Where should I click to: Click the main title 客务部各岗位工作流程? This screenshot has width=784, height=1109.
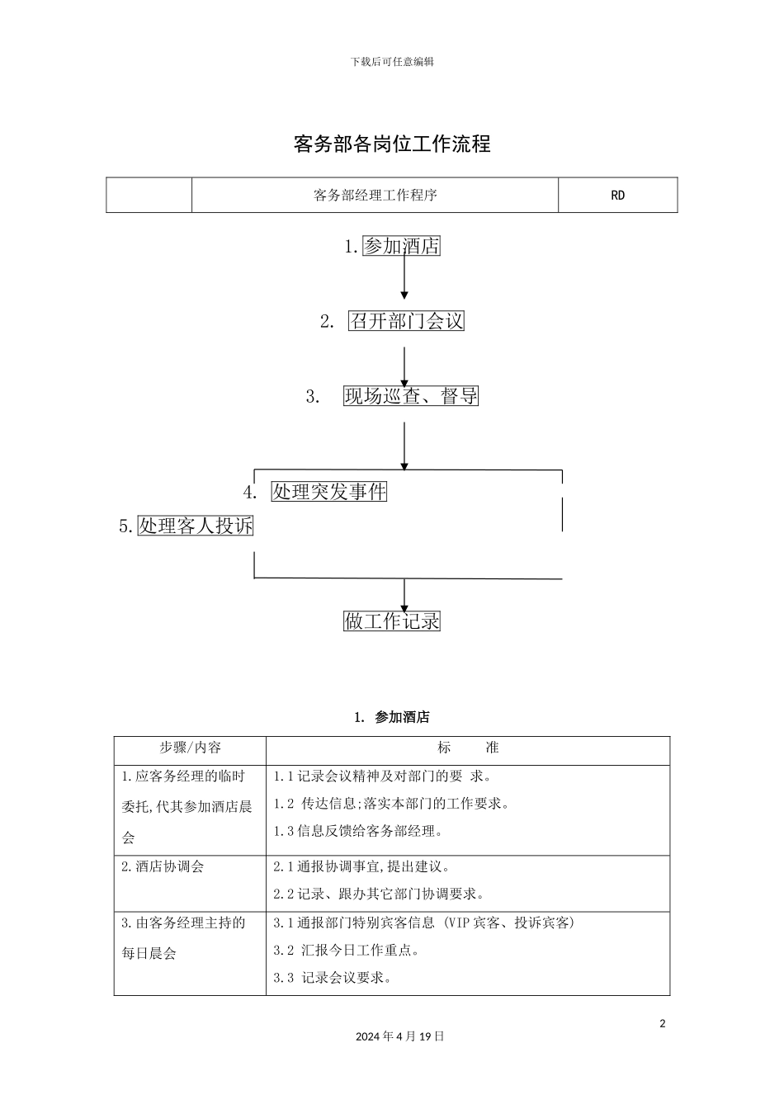pos(392,144)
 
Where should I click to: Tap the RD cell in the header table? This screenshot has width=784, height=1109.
pos(617,195)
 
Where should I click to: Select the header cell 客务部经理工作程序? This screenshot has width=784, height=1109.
pos(375,195)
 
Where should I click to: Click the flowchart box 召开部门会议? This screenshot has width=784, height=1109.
pos(406,321)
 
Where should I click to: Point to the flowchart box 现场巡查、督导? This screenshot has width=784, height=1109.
pos(411,395)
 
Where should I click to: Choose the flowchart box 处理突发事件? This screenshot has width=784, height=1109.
pos(328,491)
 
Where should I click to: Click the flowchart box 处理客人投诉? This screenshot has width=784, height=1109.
pos(196,526)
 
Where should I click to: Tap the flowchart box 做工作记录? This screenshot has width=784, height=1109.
pos(392,621)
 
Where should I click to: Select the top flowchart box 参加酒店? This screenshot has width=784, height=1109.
pos(401,246)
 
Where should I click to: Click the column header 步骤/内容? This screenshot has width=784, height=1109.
pos(190,747)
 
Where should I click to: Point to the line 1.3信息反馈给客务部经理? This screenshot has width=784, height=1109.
pos(357,831)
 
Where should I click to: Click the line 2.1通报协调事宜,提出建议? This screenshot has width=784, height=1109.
pos(361,866)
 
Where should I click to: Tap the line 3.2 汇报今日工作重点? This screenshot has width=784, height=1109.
pos(346,950)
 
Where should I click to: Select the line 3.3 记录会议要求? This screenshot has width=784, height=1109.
pos(333,977)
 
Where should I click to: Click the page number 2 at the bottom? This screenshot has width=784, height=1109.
pos(662,1023)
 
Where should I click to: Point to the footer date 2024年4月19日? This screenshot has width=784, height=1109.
pos(399,1036)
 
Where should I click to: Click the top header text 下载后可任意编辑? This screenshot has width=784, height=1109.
pos(392,61)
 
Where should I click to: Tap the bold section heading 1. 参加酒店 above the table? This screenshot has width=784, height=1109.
pos(392,717)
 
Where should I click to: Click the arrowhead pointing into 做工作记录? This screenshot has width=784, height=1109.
pos(404,609)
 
